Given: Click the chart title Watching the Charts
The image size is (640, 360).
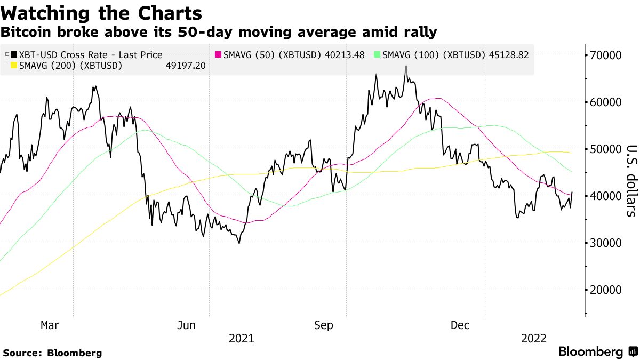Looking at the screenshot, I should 101,12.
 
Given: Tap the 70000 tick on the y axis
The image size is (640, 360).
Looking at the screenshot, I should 606,55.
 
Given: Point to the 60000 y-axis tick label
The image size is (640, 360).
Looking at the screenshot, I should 606,102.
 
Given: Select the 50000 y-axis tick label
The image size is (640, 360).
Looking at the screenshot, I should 606,149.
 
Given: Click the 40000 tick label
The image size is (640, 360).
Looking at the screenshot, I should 606,196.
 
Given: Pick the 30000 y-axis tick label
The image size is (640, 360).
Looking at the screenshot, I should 606,243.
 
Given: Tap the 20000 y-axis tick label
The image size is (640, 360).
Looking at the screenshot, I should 606,290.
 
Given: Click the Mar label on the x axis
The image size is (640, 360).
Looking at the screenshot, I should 50,325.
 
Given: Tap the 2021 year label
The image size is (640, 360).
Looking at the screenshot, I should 241,338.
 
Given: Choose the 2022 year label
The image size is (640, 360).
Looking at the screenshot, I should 534,338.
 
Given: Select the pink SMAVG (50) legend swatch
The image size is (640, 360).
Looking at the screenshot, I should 218,55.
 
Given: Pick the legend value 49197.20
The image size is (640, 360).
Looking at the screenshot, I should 186,66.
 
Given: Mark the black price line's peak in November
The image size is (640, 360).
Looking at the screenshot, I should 406,66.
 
